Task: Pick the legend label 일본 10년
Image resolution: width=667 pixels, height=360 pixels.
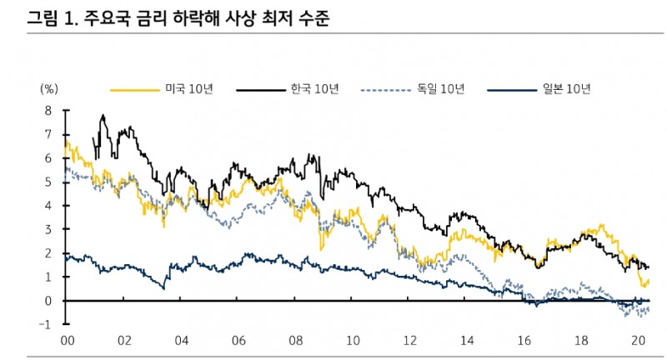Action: tap(565, 89)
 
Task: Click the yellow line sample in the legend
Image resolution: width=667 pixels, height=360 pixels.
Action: tap(134, 89)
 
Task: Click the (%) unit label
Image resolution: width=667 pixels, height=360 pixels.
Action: tap(49, 88)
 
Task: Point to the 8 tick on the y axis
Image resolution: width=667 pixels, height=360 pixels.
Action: tap(49, 110)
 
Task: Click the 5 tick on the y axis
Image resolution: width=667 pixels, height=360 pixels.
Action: tap(49, 182)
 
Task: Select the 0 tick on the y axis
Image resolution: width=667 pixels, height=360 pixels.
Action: tap(49, 300)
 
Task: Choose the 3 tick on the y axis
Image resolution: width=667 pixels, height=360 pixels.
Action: tap(49, 229)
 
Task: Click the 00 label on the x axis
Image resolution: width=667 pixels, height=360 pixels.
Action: tap(68, 340)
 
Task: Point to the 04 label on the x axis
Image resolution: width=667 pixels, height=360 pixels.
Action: tap(182, 340)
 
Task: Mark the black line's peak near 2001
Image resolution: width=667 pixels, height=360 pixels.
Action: tap(103, 116)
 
